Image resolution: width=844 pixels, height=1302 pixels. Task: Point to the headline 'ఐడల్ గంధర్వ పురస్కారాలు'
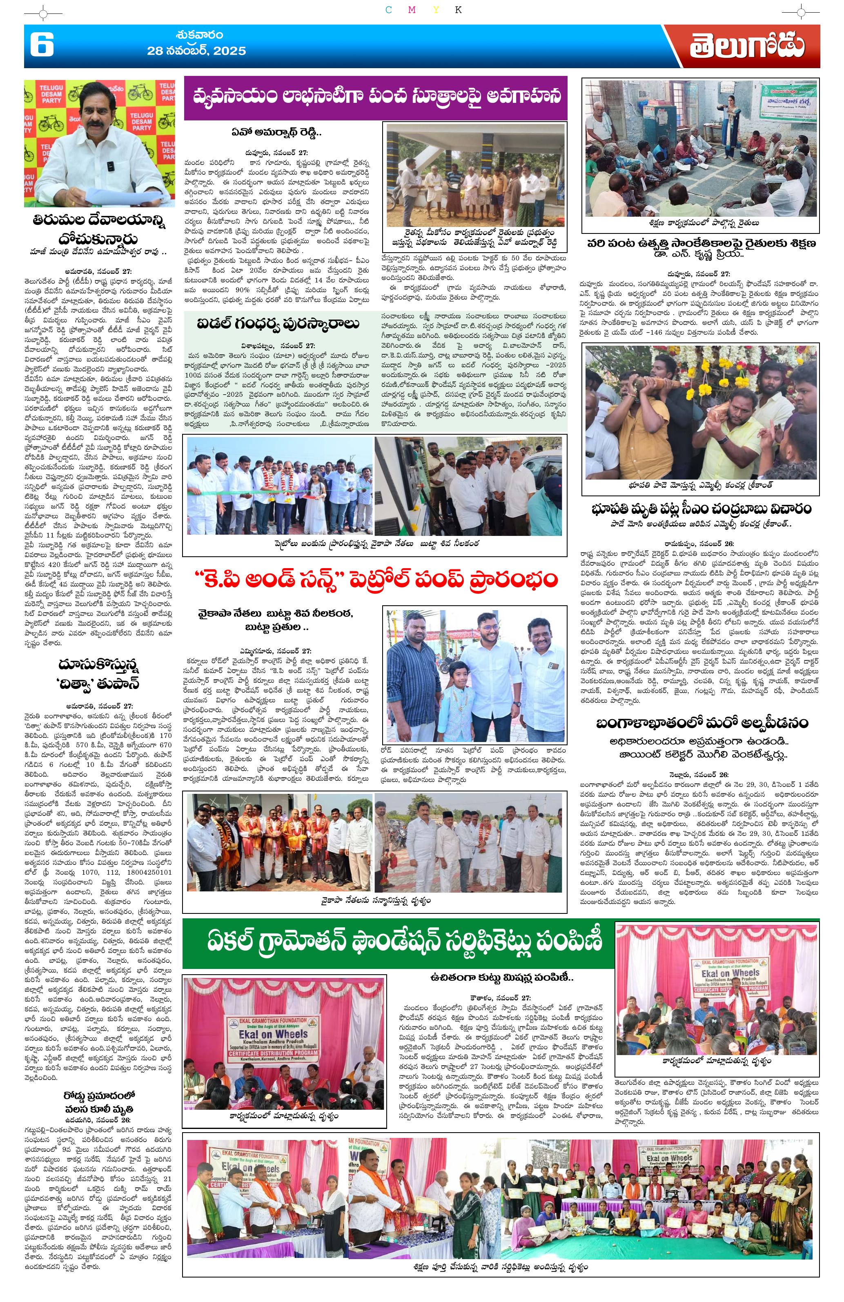pyautogui.click(x=278, y=323)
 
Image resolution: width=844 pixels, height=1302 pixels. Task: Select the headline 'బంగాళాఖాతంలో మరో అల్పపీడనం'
pyautogui.click(x=701, y=723)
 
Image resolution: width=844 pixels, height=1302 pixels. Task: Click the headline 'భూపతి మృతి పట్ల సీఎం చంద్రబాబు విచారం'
pyautogui.click(x=701, y=509)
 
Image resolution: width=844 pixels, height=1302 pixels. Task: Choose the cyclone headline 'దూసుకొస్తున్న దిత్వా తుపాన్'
pyautogui.click(x=99, y=675)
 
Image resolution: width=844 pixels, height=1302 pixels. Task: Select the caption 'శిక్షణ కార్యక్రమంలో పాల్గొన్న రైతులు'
pyautogui.click(x=701, y=223)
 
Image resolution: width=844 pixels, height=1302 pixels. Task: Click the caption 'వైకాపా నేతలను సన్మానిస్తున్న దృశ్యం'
pyautogui.click(x=376, y=900)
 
